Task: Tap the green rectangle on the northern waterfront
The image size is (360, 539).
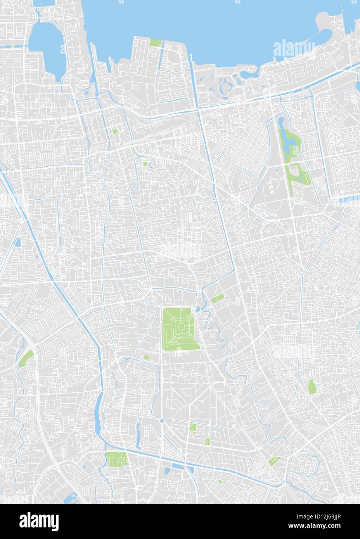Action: click(x=155, y=43)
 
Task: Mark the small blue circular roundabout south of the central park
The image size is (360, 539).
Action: click(x=162, y=420)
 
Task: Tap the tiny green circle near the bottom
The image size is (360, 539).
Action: click(x=220, y=482)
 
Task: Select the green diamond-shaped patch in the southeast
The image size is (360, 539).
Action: click(x=274, y=461)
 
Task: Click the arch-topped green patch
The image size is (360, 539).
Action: click(x=208, y=441)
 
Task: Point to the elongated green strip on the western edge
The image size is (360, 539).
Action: click(x=26, y=358)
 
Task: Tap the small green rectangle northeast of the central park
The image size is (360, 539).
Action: click(x=217, y=299)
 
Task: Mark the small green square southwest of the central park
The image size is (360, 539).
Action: click(x=146, y=357)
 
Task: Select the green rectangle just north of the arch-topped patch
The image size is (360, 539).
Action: click(x=193, y=427)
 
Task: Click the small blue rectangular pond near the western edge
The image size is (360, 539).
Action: click(x=18, y=243)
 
